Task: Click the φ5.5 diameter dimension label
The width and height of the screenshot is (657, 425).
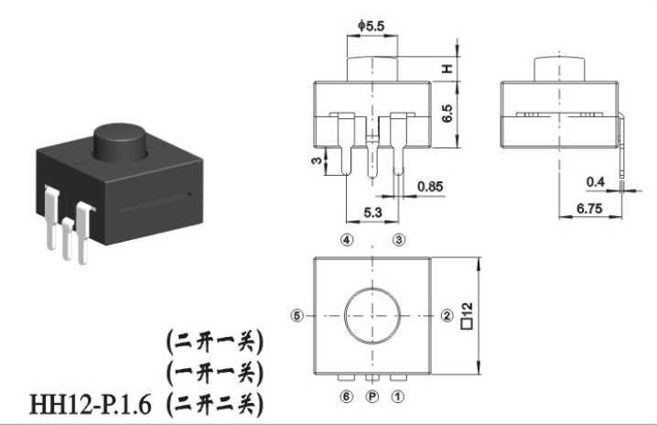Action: (x=372, y=26)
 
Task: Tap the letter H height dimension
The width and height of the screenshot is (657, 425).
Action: (x=448, y=69)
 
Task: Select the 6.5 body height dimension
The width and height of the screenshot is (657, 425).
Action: (x=447, y=114)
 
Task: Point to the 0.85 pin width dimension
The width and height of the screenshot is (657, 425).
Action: (x=430, y=187)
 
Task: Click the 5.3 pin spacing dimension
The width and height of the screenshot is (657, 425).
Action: (x=372, y=212)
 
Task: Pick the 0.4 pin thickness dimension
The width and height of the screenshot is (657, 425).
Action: (x=596, y=181)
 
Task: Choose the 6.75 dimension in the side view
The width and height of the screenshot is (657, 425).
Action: (x=589, y=208)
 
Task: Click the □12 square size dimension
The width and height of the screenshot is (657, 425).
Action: (x=467, y=315)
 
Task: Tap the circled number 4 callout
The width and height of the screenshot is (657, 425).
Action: (x=347, y=240)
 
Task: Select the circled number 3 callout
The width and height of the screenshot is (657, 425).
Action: (x=399, y=240)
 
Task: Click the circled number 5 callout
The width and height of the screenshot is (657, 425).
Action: (x=296, y=315)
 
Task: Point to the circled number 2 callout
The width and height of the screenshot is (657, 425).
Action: (x=447, y=315)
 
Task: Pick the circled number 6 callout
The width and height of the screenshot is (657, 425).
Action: (x=347, y=397)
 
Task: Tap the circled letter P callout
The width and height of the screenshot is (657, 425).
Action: (x=372, y=397)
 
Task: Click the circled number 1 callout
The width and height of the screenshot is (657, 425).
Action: (x=398, y=397)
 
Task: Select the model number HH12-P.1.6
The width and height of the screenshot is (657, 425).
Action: (x=90, y=405)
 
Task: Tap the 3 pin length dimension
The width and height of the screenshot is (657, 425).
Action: (x=318, y=160)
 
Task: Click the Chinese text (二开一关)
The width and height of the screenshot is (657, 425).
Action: (x=215, y=342)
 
